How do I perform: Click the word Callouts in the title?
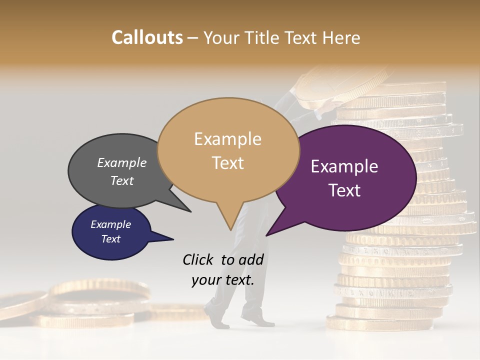tap(147, 37)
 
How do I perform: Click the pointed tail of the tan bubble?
tap(230, 225)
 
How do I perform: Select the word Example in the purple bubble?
tap(344, 166)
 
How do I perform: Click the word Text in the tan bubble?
tap(228, 162)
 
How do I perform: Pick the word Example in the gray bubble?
tap(122, 162)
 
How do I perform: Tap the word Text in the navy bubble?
tap(110, 239)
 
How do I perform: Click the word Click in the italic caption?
tap(198, 259)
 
